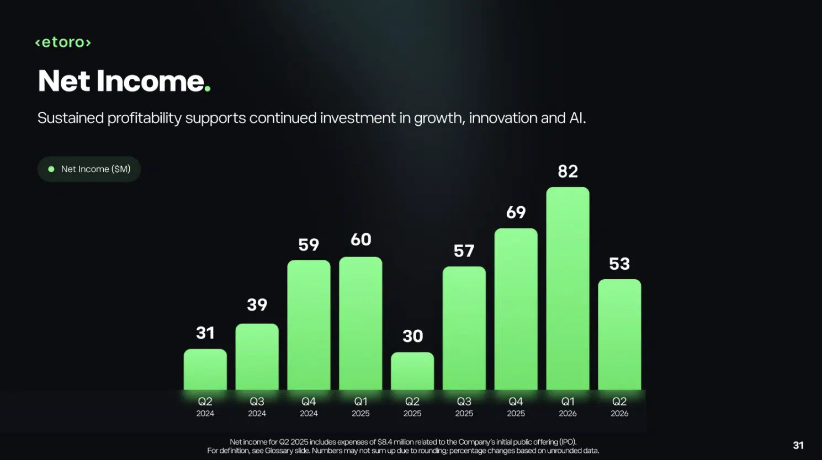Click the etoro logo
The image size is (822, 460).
(63, 42)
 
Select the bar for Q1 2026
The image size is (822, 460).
(568, 288)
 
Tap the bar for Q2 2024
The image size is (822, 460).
(205, 370)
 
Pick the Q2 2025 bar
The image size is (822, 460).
(412, 371)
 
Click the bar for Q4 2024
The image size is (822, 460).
(309, 325)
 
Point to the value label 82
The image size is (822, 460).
(568, 171)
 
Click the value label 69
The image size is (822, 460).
(516, 212)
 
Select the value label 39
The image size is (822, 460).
(257, 304)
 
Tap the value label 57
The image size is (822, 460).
(464, 251)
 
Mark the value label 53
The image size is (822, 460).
(619, 264)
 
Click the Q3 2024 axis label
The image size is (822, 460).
(257, 407)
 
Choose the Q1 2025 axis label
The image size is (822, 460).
(360, 407)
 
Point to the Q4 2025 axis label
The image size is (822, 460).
(516, 407)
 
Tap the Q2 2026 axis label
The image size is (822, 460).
(619, 407)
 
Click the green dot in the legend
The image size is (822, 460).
(51, 169)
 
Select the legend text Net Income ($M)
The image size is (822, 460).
(96, 169)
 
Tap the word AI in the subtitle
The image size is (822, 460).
(577, 118)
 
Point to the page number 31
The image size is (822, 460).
(798, 445)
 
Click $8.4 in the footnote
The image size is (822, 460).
(385, 442)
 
